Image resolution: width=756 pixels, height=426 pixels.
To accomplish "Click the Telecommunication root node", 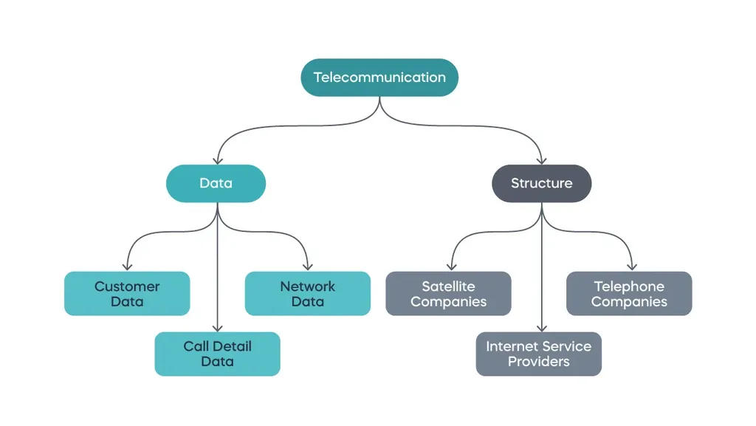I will (x=379, y=78).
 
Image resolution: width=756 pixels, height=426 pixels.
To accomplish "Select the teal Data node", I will (x=216, y=183).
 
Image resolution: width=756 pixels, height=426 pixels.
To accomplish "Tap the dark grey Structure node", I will (x=542, y=183).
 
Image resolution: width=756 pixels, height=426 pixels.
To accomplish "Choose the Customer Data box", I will (x=127, y=294).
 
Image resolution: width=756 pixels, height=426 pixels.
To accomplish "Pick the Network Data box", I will (x=307, y=294).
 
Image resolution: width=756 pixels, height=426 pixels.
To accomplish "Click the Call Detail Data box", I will (x=217, y=354).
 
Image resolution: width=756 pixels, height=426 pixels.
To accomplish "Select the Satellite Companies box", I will (x=448, y=294).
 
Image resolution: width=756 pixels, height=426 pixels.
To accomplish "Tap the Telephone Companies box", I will (x=629, y=294).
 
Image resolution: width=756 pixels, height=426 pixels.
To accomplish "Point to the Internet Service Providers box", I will (x=538, y=354).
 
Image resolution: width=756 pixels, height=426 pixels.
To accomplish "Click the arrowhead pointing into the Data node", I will (x=216, y=159).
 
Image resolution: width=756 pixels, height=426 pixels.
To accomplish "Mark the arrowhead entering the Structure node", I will (x=542, y=159).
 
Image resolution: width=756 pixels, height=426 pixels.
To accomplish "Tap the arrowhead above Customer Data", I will (x=127, y=267).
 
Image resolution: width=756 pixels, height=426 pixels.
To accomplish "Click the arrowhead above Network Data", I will (x=307, y=267).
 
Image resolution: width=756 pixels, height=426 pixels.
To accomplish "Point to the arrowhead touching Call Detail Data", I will (x=217, y=327).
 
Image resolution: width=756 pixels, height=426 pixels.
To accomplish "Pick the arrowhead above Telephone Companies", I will (x=632, y=267).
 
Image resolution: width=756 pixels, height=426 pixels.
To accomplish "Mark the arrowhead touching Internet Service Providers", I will (x=542, y=327).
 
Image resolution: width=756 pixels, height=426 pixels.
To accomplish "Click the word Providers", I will (x=538, y=362).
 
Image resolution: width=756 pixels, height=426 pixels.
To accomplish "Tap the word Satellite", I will (x=448, y=286).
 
